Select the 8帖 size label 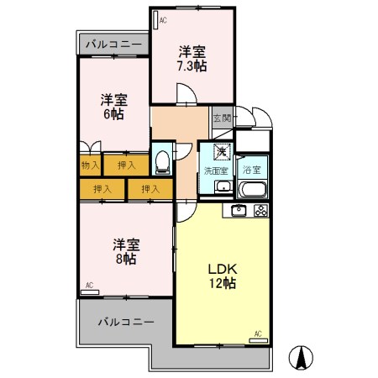[x=126, y=260]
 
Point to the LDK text [x=224, y=269]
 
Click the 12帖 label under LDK [x=224, y=284]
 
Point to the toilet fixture [x=163, y=157]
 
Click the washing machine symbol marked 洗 [x=222, y=152]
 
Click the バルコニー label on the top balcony [x=113, y=45]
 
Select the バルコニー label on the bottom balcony [x=125, y=322]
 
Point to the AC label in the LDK [x=258, y=335]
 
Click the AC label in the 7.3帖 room [x=161, y=18]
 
